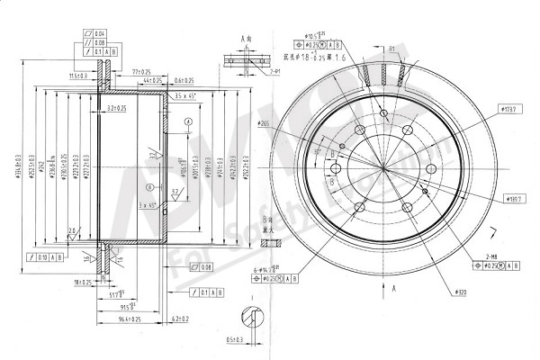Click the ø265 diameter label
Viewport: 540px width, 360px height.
pyautogui.click(x=264, y=123)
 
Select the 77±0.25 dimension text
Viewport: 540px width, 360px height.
pyautogui.click(x=140, y=69)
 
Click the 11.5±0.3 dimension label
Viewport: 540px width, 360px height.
pyautogui.click(x=84, y=76)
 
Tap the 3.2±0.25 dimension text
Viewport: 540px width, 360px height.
pyautogui.click(x=117, y=107)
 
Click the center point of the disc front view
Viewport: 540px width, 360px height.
pyautogui.click(x=384, y=170)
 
